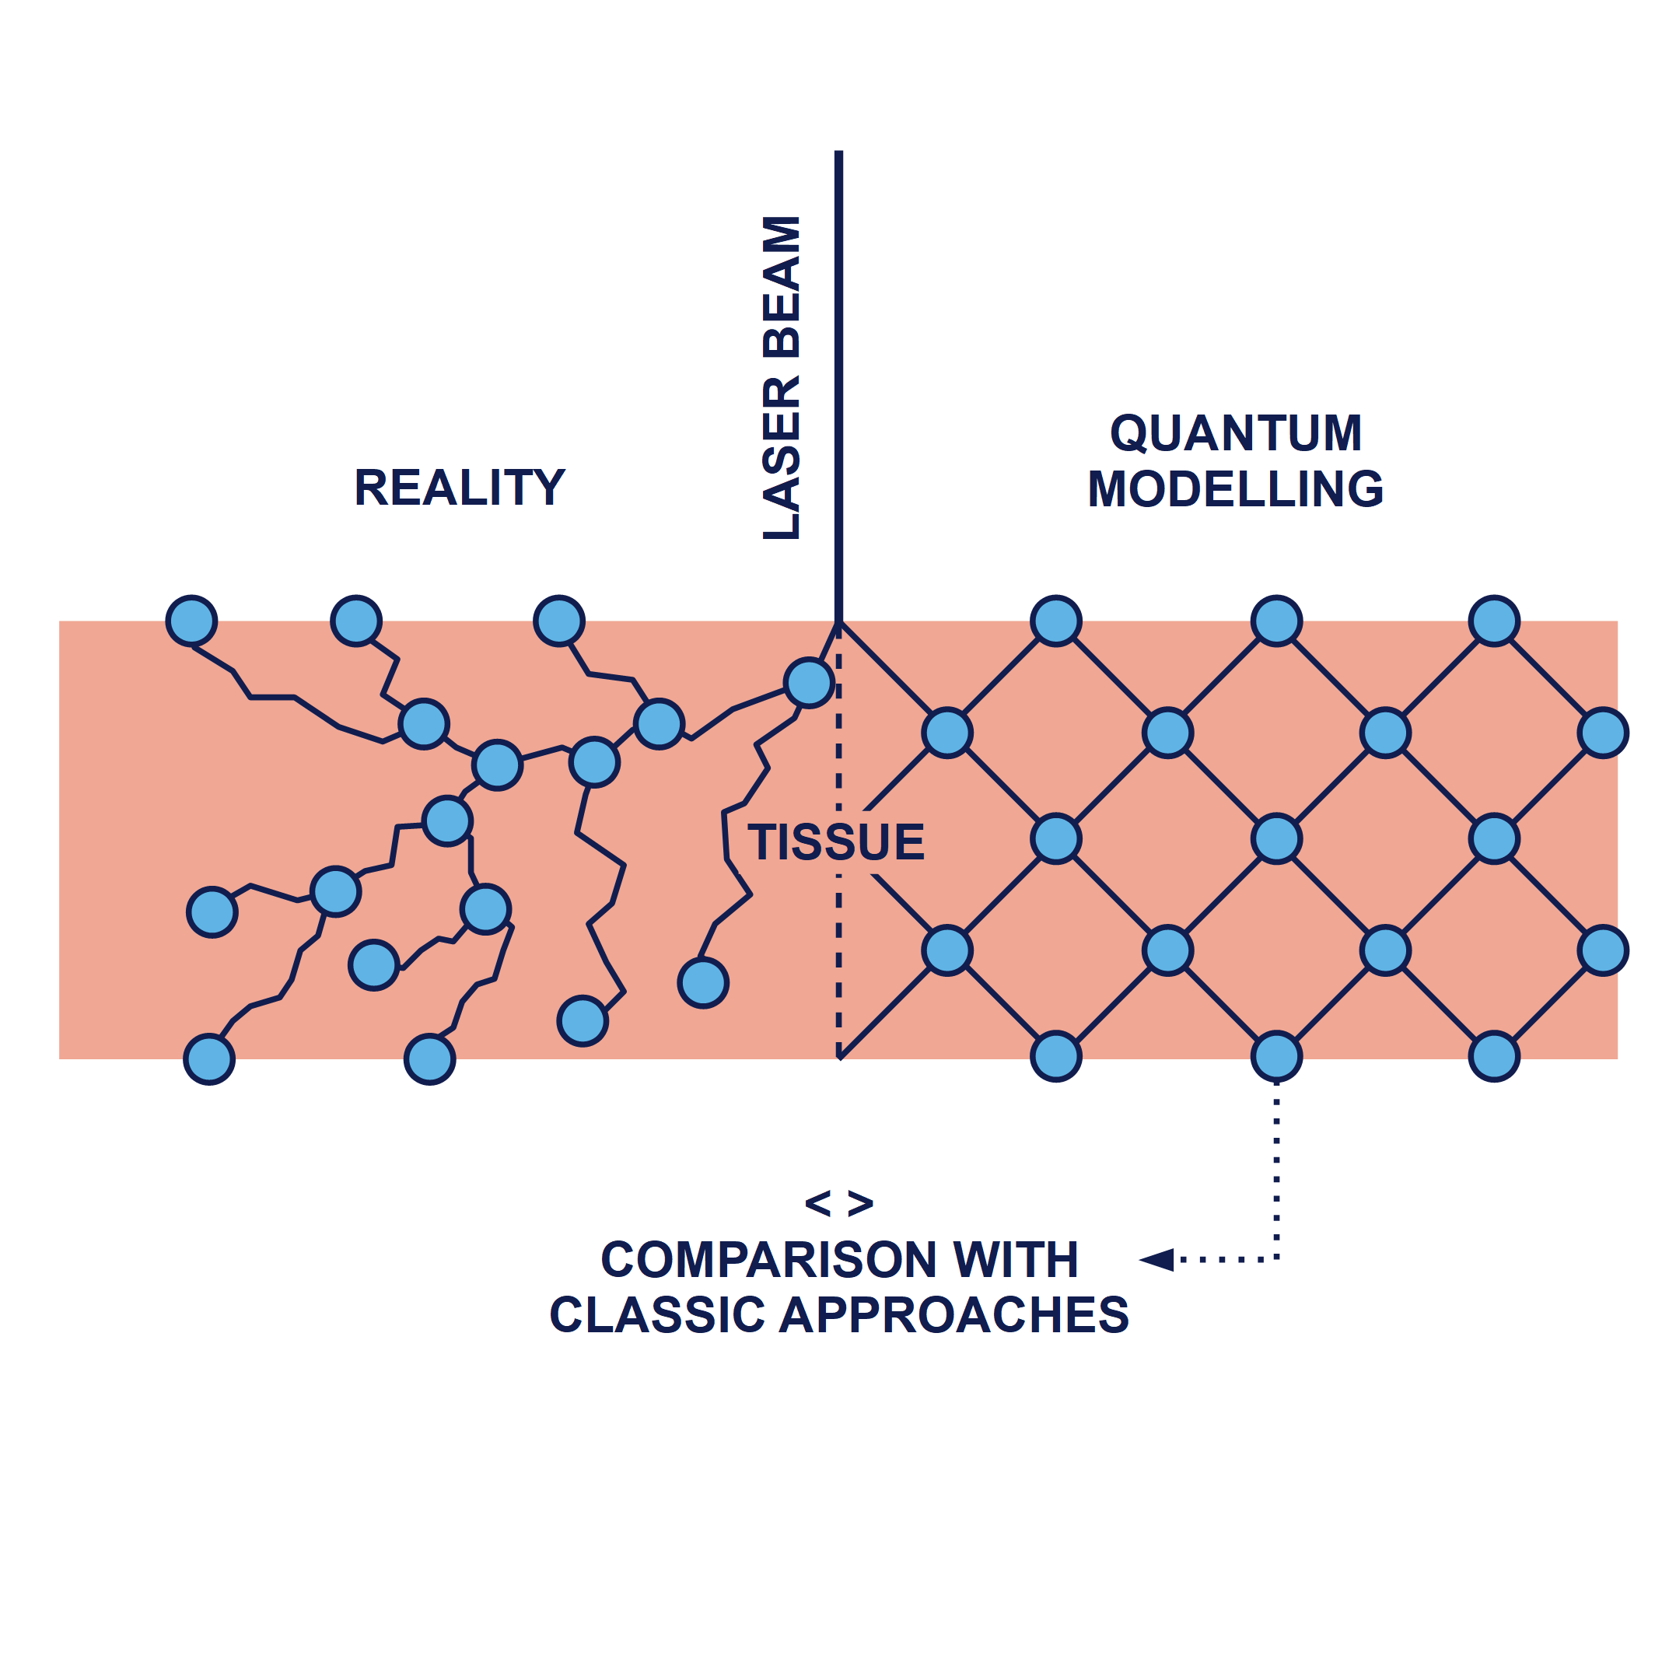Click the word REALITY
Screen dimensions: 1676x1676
459,488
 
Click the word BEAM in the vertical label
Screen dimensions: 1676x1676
781,287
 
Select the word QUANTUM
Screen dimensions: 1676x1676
1235,433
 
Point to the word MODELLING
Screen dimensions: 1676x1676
1235,489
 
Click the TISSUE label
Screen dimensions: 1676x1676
836,842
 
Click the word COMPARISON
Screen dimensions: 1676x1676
768,1260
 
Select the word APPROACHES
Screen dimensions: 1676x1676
954,1315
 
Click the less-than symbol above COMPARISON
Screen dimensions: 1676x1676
818,1203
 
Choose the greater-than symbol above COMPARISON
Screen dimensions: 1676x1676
859,1203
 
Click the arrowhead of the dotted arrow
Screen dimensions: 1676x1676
1159,1260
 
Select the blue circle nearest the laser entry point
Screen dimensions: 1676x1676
809,683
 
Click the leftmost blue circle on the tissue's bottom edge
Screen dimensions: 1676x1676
209,1059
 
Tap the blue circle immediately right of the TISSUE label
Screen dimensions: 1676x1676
1055,839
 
